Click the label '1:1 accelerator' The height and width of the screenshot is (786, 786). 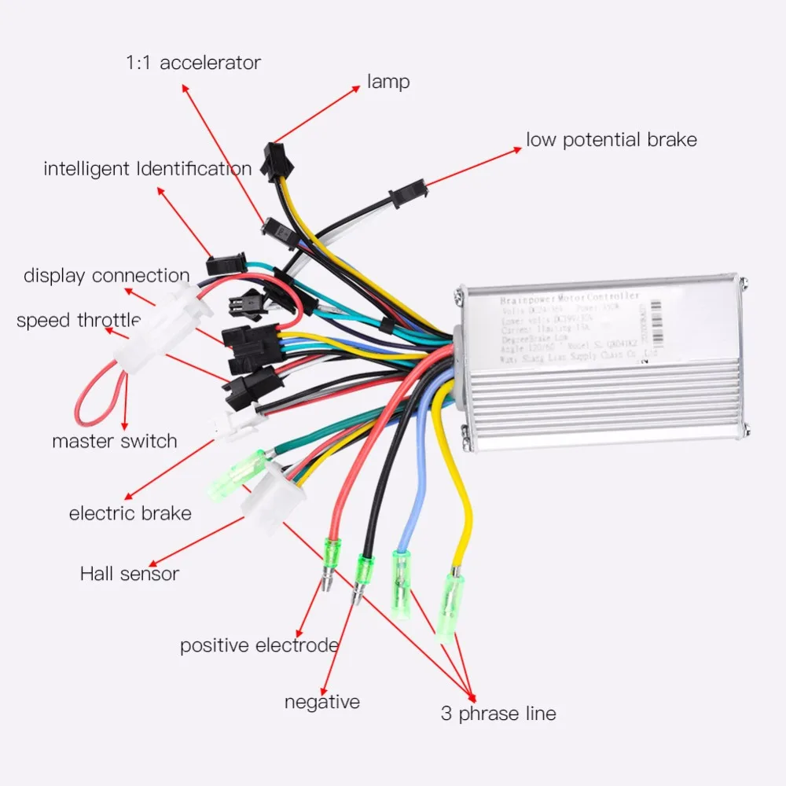193,63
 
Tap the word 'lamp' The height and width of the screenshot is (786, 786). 388,81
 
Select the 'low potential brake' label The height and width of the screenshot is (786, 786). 612,140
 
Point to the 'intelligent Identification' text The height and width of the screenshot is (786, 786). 148,169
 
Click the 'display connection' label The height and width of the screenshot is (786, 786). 106,276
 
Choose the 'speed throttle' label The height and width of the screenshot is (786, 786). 78,320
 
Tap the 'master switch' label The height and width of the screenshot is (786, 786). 115,441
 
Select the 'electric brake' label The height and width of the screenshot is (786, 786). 130,514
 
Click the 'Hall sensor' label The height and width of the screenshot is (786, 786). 130,574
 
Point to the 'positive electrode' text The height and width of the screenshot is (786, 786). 259,646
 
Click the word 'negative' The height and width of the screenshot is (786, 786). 322,702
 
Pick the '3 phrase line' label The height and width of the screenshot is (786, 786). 498,714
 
